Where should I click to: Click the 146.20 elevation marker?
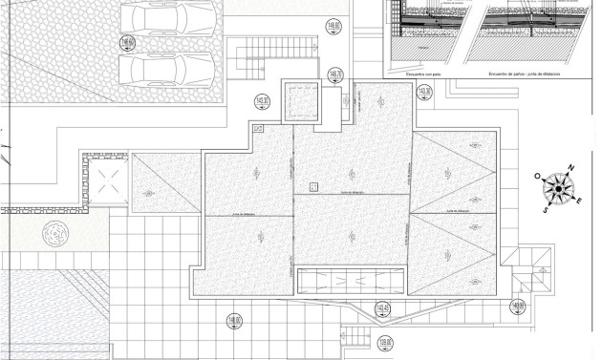[333, 74]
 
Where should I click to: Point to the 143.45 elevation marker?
[382, 308]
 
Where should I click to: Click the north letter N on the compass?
[570, 170]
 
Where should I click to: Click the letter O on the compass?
[538, 177]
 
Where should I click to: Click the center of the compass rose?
[558, 189]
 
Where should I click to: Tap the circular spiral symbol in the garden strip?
[55, 232]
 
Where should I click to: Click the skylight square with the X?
[103, 179]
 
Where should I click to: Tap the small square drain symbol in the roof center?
[313, 186]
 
